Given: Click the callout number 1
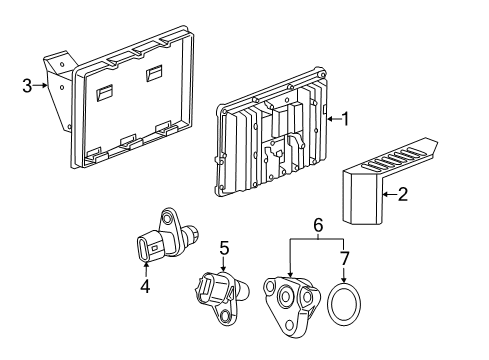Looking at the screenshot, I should click(345, 119).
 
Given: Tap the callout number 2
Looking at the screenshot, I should click(402, 195).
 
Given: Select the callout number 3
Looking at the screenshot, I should click(27, 86).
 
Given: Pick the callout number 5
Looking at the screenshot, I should click(225, 246).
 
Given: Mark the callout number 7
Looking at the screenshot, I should click(345, 260).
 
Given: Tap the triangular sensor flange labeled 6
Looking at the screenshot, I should click(291, 301).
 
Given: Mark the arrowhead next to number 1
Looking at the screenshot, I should click(326, 119).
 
